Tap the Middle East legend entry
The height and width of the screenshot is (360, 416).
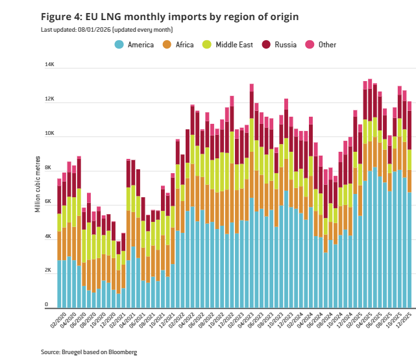235,45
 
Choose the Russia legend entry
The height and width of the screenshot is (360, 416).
285,45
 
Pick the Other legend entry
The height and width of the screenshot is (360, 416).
327,45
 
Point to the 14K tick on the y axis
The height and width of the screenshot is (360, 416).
49,66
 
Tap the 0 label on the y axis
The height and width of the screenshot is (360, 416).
47,304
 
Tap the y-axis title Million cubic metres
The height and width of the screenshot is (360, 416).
37,185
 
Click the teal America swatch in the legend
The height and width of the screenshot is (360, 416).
119,45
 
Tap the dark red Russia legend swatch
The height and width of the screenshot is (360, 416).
266,45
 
